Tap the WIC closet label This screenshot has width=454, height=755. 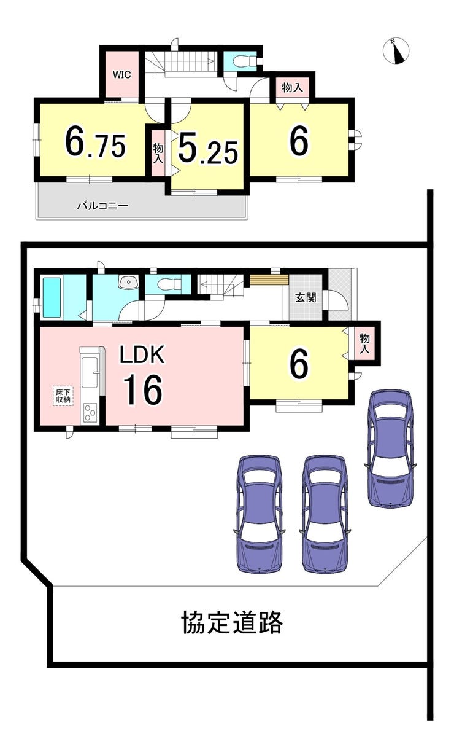tap(122, 74)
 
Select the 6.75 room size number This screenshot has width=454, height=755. tap(95, 143)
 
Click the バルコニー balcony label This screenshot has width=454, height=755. tap(102, 205)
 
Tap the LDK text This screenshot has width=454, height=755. tap(142, 354)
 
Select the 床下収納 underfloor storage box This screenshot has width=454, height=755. tap(63, 396)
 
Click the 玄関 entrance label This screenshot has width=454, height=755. tap(306, 297)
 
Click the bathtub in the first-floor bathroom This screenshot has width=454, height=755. tap(52, 297)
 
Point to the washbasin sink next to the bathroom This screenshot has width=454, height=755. tap(129, 282)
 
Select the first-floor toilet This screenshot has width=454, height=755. tap(167, 284)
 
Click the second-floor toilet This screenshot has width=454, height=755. tap(244, 61)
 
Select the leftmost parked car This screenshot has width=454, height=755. tap(260, 514)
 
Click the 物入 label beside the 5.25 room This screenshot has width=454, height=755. tap(158, 154)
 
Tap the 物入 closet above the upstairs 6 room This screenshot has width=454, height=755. tap(292, 88)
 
